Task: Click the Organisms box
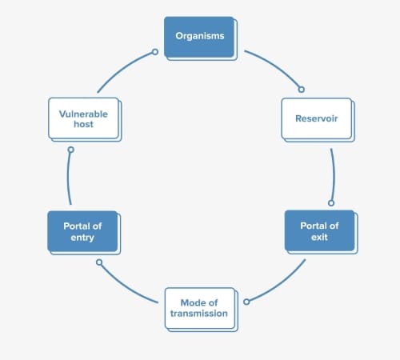201,38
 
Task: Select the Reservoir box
318,120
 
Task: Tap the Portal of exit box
321,232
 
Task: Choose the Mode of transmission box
202,310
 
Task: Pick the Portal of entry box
84,233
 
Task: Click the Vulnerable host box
85,119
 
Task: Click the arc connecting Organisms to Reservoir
276,66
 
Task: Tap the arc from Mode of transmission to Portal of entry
126,286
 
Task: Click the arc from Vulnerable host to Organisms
122,68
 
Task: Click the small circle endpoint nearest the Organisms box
155,52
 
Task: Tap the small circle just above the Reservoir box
302,90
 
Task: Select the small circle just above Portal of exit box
331,203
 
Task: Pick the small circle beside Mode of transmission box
246,302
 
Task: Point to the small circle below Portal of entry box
99,262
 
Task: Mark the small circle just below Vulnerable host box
70,150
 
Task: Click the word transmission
199,314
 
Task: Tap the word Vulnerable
83,114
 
